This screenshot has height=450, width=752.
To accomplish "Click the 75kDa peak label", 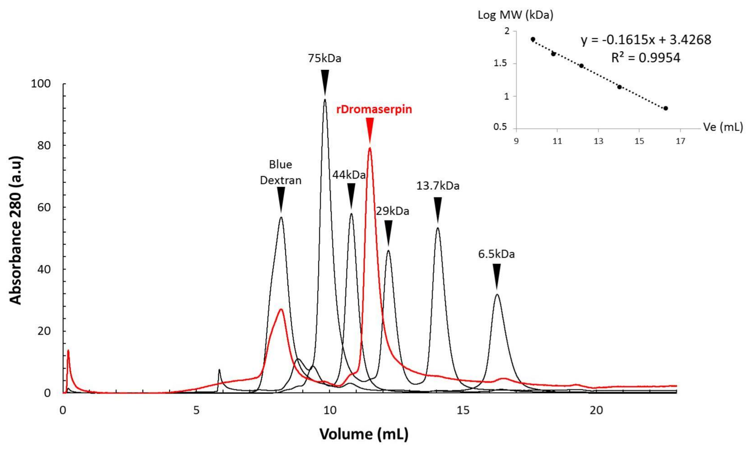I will pyautogui.click(x=324, y=58).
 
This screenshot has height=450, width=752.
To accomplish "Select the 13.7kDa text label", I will pyautogui.click(x=438, y=186).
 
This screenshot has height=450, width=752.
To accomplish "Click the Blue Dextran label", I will pyautogui.click(x=280, y=172).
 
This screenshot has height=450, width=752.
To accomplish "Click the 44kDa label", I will pyautogui.click(x=349, y=175).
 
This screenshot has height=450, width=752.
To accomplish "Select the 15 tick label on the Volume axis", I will pyautogui.click(x=463, y=411).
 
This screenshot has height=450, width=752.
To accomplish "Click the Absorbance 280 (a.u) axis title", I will pyautogui.click(x=16, y=230).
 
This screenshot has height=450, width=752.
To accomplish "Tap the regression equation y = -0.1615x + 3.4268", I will pyautogui.click(x=646, y=40).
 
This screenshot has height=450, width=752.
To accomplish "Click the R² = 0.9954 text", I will pyautogui.click(x=646, y=58).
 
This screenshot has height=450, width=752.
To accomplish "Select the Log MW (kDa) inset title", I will pyautogui.click(x=515, y=15).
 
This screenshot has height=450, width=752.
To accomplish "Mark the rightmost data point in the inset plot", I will pyautogui.click(x=666, y=108).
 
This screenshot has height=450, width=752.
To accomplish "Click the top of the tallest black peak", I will pyautogui.click(x=325, y=100).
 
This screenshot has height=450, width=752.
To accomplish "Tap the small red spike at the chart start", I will pyautogui.click(x=68, y=351).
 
